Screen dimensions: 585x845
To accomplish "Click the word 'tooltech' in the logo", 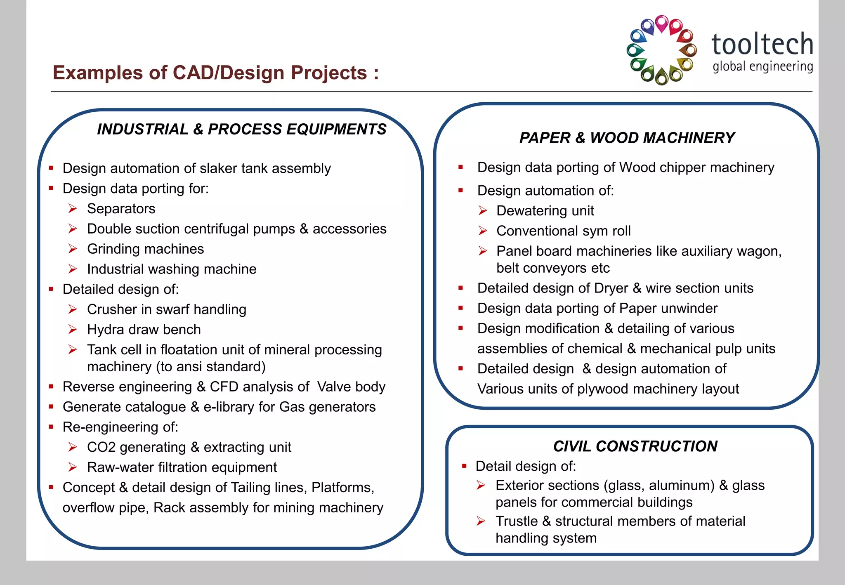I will pos(762,44).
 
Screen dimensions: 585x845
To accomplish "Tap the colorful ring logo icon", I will pos(661,50).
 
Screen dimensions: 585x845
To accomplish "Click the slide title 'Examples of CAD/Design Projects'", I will pos(215,73).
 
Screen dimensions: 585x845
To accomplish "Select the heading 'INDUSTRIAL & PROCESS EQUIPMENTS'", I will pos(241,129).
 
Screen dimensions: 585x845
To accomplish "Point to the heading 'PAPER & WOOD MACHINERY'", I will pos(627,138).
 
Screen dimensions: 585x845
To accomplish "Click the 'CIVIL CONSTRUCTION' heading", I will pos(635,446).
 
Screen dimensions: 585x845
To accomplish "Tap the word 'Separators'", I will pos(121,209).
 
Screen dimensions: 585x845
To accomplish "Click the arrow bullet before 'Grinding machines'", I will pos(73,249).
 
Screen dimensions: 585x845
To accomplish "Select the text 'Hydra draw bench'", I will pos(144,330).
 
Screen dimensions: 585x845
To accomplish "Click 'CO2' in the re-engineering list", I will pos(101,447).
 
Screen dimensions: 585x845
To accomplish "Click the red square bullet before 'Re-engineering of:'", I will pos(51,427).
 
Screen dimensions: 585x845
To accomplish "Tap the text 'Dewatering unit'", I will pos(545,211).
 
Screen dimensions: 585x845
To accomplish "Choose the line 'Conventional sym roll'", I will pos(563,231).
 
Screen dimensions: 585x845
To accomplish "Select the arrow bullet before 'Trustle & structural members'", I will pos(481,521).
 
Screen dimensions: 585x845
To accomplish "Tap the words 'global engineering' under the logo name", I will pos(762,66).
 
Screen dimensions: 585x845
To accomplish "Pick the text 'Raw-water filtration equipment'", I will pos(182,467).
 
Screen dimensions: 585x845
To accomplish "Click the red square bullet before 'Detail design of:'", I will pos(464,466).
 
